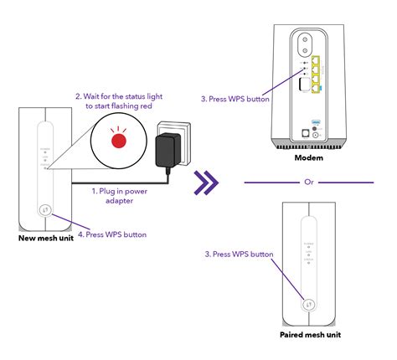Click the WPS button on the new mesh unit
tap(44, 211)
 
